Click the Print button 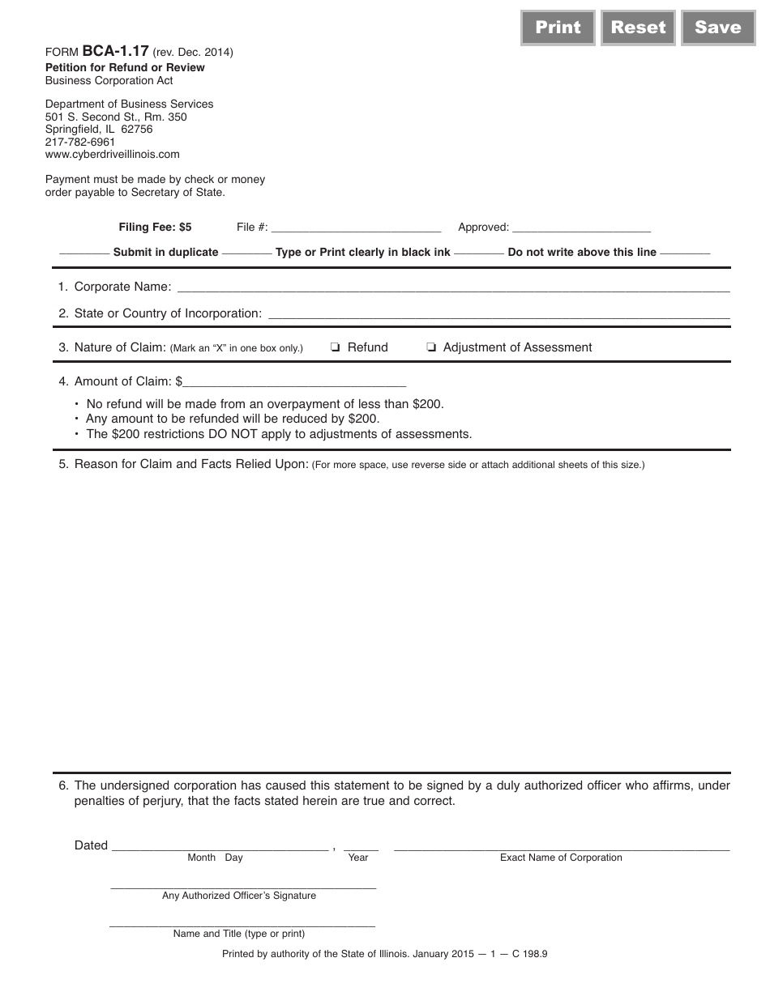coord(558,28)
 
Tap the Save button coord(717,28)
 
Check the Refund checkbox coord(335,348)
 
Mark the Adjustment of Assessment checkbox coord(431,348)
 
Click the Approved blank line coord(581,228)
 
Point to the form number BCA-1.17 coord(115,51)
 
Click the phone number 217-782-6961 coord(80,142)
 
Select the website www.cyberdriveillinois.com coord(112,154)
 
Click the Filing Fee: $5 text coord(155,228)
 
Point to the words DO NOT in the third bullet coord(239,434)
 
